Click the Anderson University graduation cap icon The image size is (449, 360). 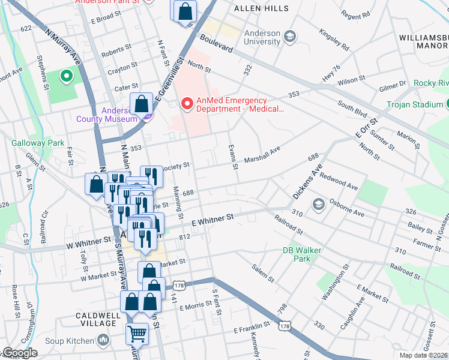(x=291, y=37)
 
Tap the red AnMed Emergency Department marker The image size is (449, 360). (x=187, y=104)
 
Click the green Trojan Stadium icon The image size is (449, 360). (x=445, y=104)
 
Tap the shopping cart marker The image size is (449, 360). (x=137, y=334)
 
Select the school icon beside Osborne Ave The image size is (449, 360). (x=316, y=205)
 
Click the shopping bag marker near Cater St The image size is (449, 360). (x=142, y=103)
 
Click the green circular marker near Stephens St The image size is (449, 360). (x=65, y=76)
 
